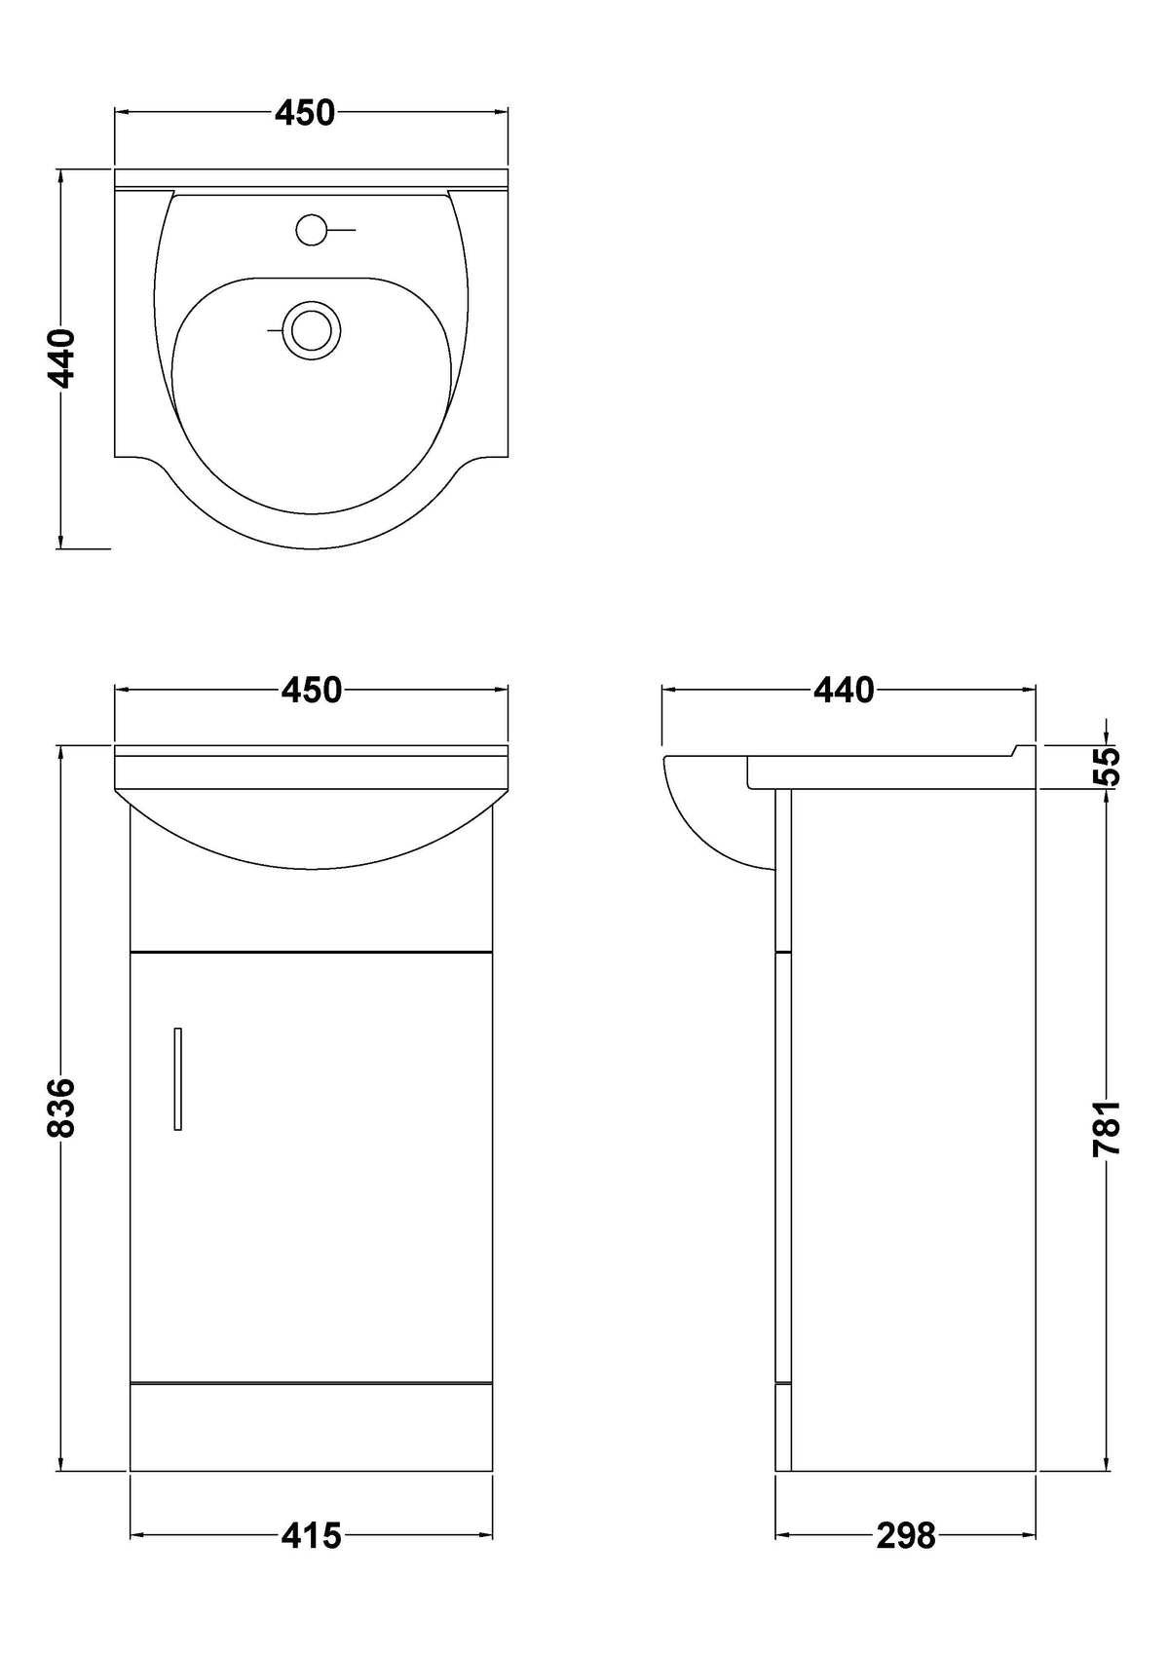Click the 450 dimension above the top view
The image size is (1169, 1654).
point(305,112)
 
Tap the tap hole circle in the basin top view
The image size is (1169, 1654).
point(310,230)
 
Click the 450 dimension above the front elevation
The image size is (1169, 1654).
point(312,690)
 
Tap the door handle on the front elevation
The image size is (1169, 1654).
point(178,1078)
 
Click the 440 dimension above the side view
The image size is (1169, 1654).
point(844,690)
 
